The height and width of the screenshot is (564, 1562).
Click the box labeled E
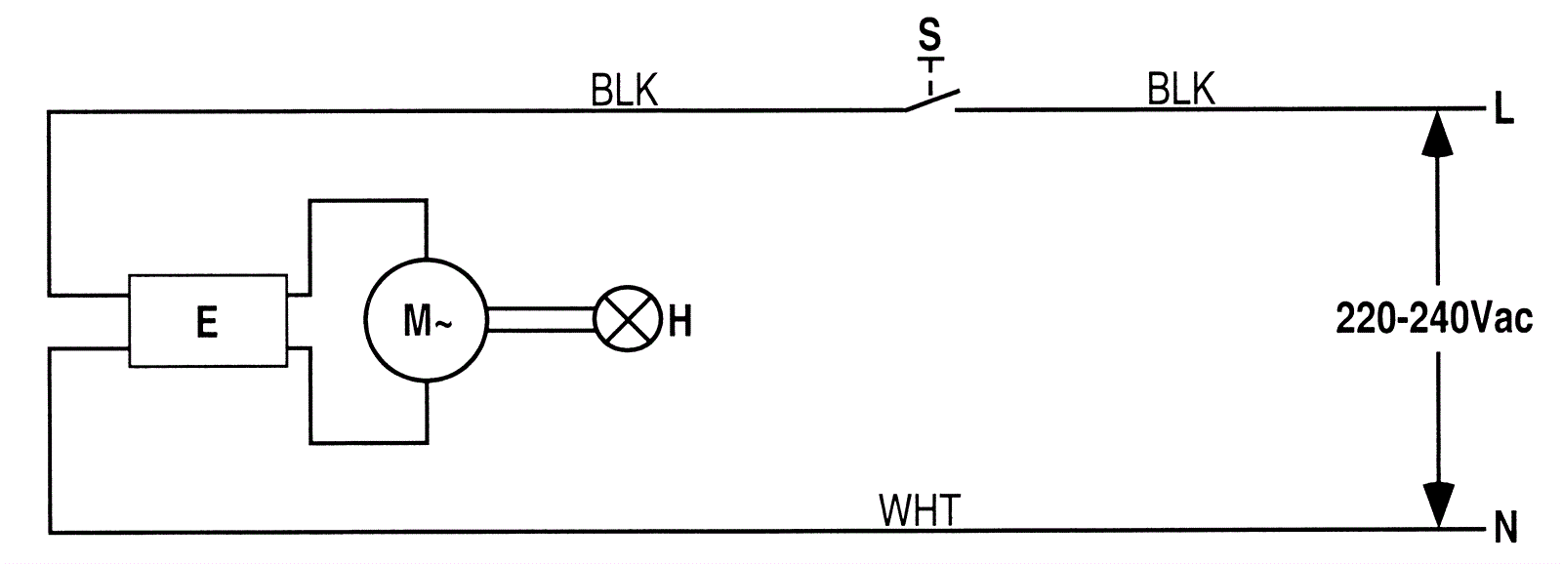pos(208,320)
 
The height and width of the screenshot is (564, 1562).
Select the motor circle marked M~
pos(425,320)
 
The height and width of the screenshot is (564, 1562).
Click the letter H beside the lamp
pos(679,321)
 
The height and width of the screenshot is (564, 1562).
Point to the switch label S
pos(930,36)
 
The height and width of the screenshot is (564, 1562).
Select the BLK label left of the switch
pos(625,91)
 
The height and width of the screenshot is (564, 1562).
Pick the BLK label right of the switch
pos(1181,90)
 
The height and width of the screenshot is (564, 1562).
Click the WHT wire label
pos(920,510)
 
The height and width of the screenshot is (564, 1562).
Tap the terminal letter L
pos(1503,111)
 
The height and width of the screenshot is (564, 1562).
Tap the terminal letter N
pos(1505,530)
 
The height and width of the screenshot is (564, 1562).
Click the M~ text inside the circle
pos(427,321)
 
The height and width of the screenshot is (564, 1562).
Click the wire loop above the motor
pos(368,201)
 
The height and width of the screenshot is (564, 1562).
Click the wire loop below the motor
pos(368,442)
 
